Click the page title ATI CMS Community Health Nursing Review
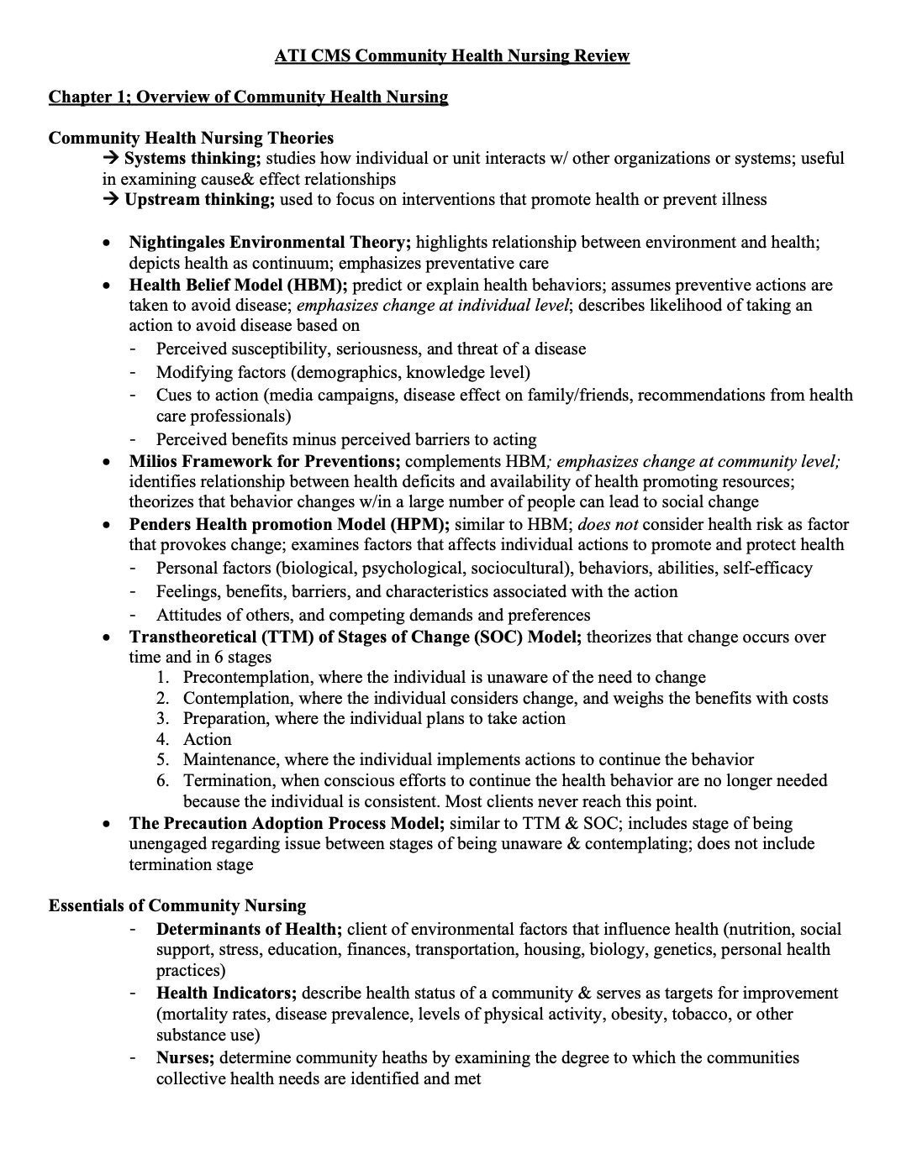[451, 56]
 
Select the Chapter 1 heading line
[248, 97]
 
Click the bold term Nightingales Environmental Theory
[269, 243]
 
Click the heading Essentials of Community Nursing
[177, 906]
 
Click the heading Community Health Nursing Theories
[191, 138]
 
